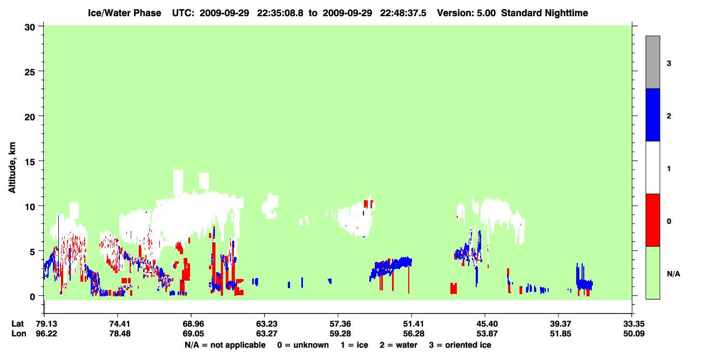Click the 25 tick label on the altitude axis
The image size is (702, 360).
[30, 72]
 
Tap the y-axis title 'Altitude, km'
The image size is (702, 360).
[12, 168]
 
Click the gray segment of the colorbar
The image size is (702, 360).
[653, 62]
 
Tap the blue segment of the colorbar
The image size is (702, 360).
[653, 114]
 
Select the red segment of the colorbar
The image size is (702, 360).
[653, 220]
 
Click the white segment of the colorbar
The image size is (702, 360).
[653, 168]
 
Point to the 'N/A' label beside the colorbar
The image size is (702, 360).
[673, 274]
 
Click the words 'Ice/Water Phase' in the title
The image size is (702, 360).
[124, 13]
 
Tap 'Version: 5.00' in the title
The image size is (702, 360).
[467, 13]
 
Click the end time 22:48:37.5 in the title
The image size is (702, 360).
[403, 13]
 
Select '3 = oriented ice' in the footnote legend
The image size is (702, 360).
[460, 345]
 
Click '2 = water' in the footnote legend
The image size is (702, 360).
[399, 345]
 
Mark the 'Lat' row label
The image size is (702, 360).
[17, 324]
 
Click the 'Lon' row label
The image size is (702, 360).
[19, 334]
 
